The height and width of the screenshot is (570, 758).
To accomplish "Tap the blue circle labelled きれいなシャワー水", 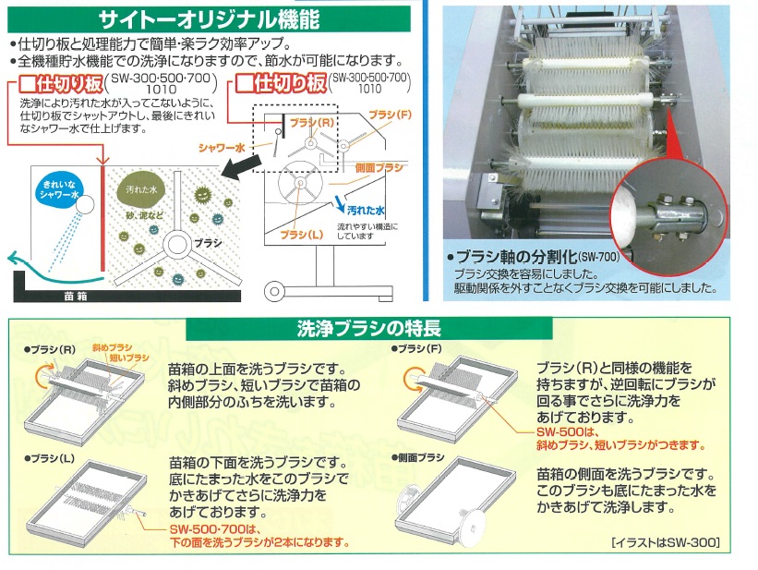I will [x=60, y=191].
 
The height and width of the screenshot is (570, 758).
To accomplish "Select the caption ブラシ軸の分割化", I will [x=535, y=256].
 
